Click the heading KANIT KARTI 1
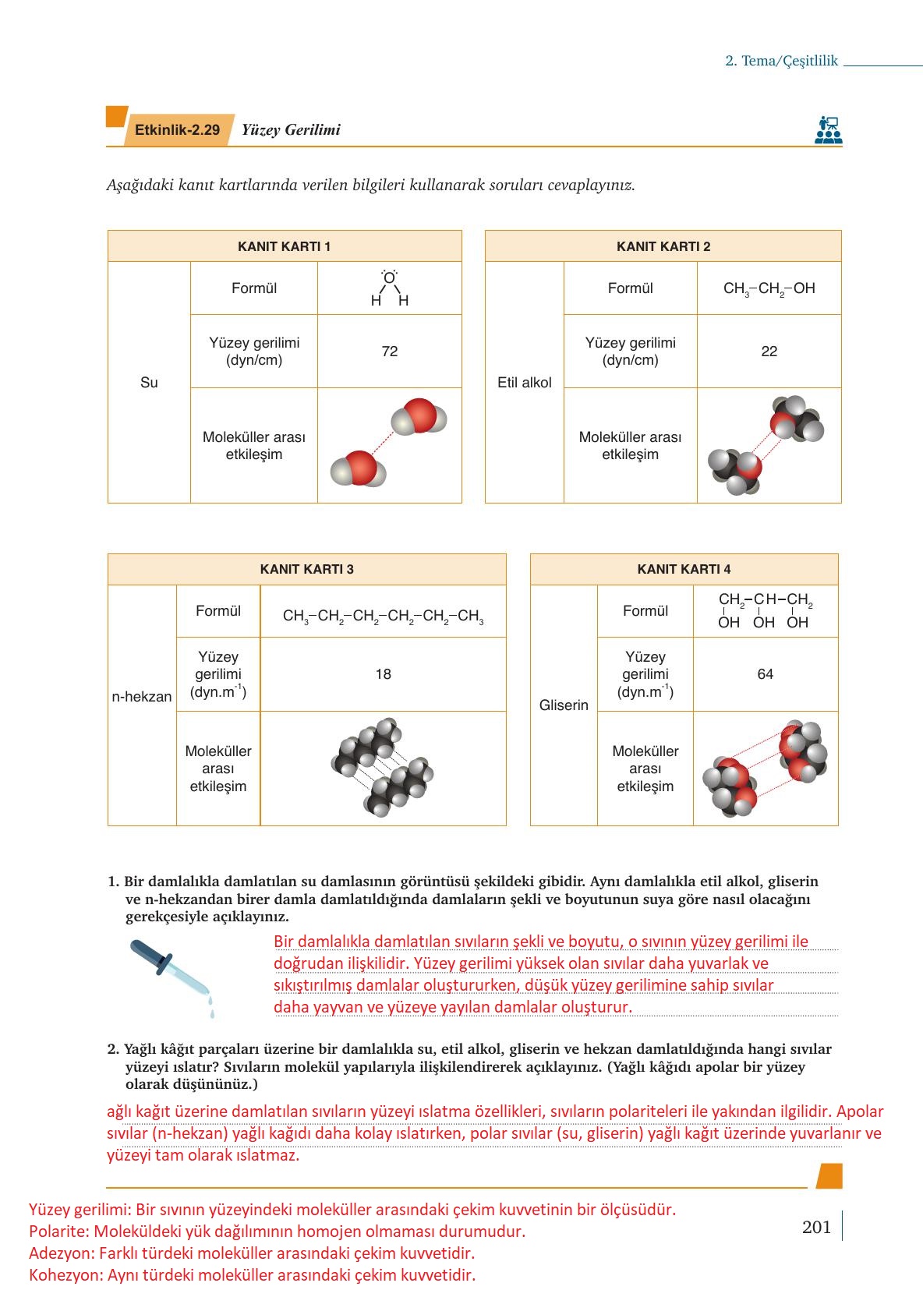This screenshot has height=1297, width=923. [284, 246]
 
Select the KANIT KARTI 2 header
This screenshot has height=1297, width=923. [663, 246]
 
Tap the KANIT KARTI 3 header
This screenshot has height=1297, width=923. [306, 569]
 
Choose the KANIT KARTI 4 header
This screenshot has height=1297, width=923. [684, 569]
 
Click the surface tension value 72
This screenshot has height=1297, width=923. [390, 352]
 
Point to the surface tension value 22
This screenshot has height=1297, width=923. [769, 352]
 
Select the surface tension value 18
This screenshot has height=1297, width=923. [383, 674]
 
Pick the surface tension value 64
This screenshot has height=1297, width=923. [765, 674]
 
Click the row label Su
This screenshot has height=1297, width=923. [149, 383]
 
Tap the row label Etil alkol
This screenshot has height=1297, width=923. [524, 383]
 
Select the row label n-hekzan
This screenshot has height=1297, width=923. [142, 697]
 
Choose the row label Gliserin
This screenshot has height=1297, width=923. [564, 705]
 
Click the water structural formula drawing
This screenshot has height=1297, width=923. [389, 288]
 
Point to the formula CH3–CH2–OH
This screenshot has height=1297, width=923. [769, 288]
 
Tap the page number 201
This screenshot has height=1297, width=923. [816, 1227]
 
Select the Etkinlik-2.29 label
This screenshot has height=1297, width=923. [177, 130]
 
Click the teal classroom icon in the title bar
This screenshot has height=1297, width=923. [828, 130]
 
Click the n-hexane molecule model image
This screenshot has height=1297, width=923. [383, 768]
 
